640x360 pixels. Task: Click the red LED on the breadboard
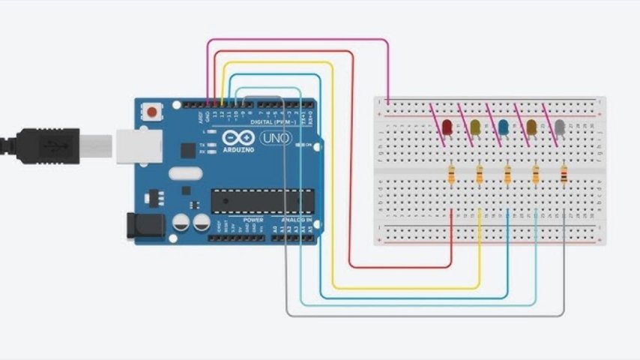tap(447, 127)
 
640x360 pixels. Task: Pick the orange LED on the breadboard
tap(532, 127)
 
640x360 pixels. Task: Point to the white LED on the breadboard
tap(560, 127)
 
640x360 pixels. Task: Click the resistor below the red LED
tap(451, 175)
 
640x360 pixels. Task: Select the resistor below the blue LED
tap(508, 175)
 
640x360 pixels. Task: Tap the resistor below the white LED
tap(564, 175)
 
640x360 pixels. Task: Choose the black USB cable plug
tap(45, 142)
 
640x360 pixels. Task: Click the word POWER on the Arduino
tap(253, 220)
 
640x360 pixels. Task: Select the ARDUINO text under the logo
tap(238, 150)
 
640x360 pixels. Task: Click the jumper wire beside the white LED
tap(553, 120)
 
